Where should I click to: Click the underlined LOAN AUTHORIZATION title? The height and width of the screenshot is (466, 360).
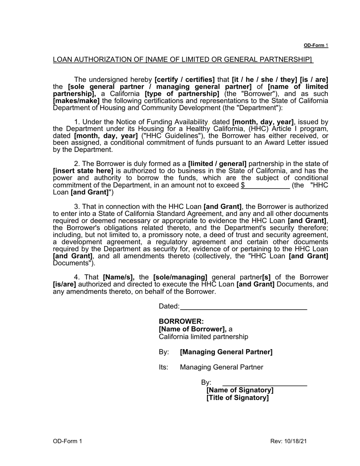[183, 59]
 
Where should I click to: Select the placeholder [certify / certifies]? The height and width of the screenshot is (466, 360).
[185, 80]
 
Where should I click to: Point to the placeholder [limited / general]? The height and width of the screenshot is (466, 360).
[217, 164]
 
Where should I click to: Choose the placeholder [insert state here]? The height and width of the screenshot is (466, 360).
[83, 171]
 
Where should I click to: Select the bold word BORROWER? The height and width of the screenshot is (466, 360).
[181, 322]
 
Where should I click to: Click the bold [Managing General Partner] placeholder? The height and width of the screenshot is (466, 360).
[226, 352]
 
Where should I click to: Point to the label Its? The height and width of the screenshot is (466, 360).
[163, 367]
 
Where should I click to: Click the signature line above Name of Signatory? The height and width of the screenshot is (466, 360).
[265, 383]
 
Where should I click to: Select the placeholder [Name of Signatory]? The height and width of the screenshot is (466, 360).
[240, 390]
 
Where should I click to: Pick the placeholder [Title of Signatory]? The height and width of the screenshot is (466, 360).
[238, 398]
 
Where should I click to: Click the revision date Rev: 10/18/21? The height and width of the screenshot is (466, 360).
[288, 441]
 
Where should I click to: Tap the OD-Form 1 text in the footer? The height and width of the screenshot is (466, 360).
[67, 441]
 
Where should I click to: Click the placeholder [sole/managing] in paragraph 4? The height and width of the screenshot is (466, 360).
[180, 277]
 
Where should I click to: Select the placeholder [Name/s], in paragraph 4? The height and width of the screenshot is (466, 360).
[119, 277]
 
